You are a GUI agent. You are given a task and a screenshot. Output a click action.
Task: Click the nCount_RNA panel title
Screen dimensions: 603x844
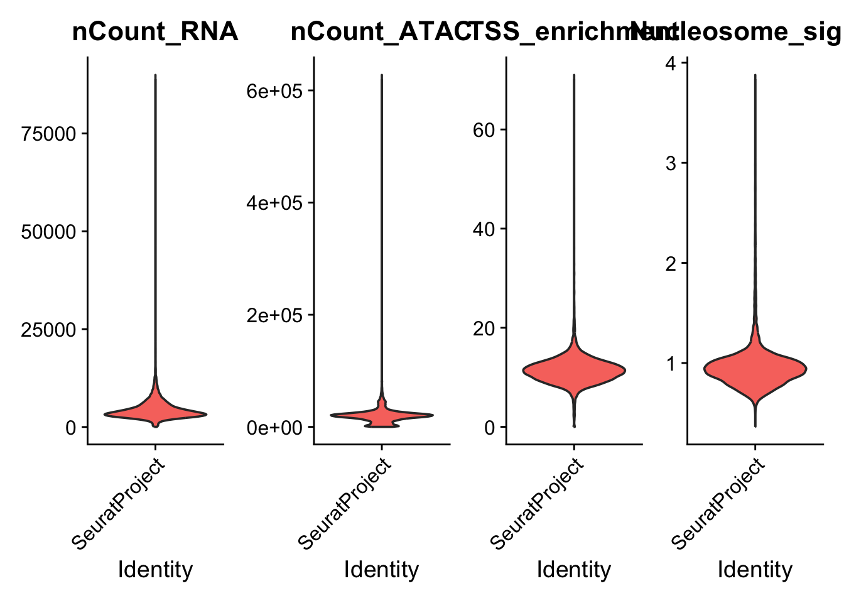[x=155, y=31]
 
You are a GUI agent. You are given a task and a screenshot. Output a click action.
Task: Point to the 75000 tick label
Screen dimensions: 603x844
[x=48, y=134]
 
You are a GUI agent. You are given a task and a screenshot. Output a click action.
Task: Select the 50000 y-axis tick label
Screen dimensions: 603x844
[x=48, y=232]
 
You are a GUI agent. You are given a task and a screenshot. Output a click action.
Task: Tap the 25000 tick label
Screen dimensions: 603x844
[x=48, y=330]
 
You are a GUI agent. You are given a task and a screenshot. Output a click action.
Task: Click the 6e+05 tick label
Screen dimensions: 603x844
[x=274, y=92]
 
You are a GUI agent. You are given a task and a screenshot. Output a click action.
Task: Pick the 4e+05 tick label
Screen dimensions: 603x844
[x=274, y=204]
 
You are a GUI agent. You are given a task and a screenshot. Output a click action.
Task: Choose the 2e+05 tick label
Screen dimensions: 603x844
[x=274, y=315]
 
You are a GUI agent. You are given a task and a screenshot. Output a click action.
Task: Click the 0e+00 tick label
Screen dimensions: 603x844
[x=274, y=428]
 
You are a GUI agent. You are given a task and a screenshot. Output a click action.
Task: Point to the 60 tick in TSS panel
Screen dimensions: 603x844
[x=484, y=130]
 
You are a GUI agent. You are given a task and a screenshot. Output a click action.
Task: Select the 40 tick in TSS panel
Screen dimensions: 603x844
[x=484, y=229]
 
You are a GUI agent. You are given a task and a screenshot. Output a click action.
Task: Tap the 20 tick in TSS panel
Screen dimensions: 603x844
[x=484, y=329]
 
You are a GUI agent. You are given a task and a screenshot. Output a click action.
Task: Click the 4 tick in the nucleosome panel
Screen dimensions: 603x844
[x=671, y=64]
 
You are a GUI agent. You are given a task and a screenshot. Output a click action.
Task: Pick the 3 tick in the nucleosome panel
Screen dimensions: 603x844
[x=671, y=164]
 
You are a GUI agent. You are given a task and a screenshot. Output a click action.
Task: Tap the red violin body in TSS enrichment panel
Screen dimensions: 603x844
[x=573, y=371]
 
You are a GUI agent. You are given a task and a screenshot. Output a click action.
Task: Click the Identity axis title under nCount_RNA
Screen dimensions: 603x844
[x=155, y=570]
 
